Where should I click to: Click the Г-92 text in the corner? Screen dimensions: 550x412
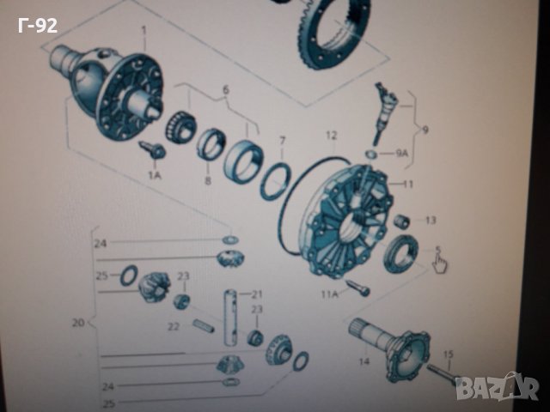[38, 26]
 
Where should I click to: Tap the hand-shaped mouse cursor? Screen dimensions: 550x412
[440, 264]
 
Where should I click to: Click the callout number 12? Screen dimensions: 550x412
[332, 136]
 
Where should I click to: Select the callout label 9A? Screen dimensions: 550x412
[402, 154]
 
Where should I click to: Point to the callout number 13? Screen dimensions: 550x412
[431, 220]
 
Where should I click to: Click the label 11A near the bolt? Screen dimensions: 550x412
[330, 294]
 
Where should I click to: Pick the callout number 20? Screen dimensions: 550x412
[78, 323]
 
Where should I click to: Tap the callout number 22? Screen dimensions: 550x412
[174, 326]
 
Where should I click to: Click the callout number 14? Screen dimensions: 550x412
[364, 360]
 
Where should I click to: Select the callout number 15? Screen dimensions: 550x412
[449, 354]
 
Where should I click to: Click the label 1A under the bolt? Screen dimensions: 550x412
[155, 175]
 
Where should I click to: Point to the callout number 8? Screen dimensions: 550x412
[208, 181]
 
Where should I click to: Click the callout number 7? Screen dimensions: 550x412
[283, 141]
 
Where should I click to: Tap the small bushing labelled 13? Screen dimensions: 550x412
[401, 221]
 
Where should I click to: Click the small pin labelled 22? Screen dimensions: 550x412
[204, 326]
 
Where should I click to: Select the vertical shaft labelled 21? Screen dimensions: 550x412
[230, 318]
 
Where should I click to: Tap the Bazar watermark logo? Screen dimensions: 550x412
[499, 387]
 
